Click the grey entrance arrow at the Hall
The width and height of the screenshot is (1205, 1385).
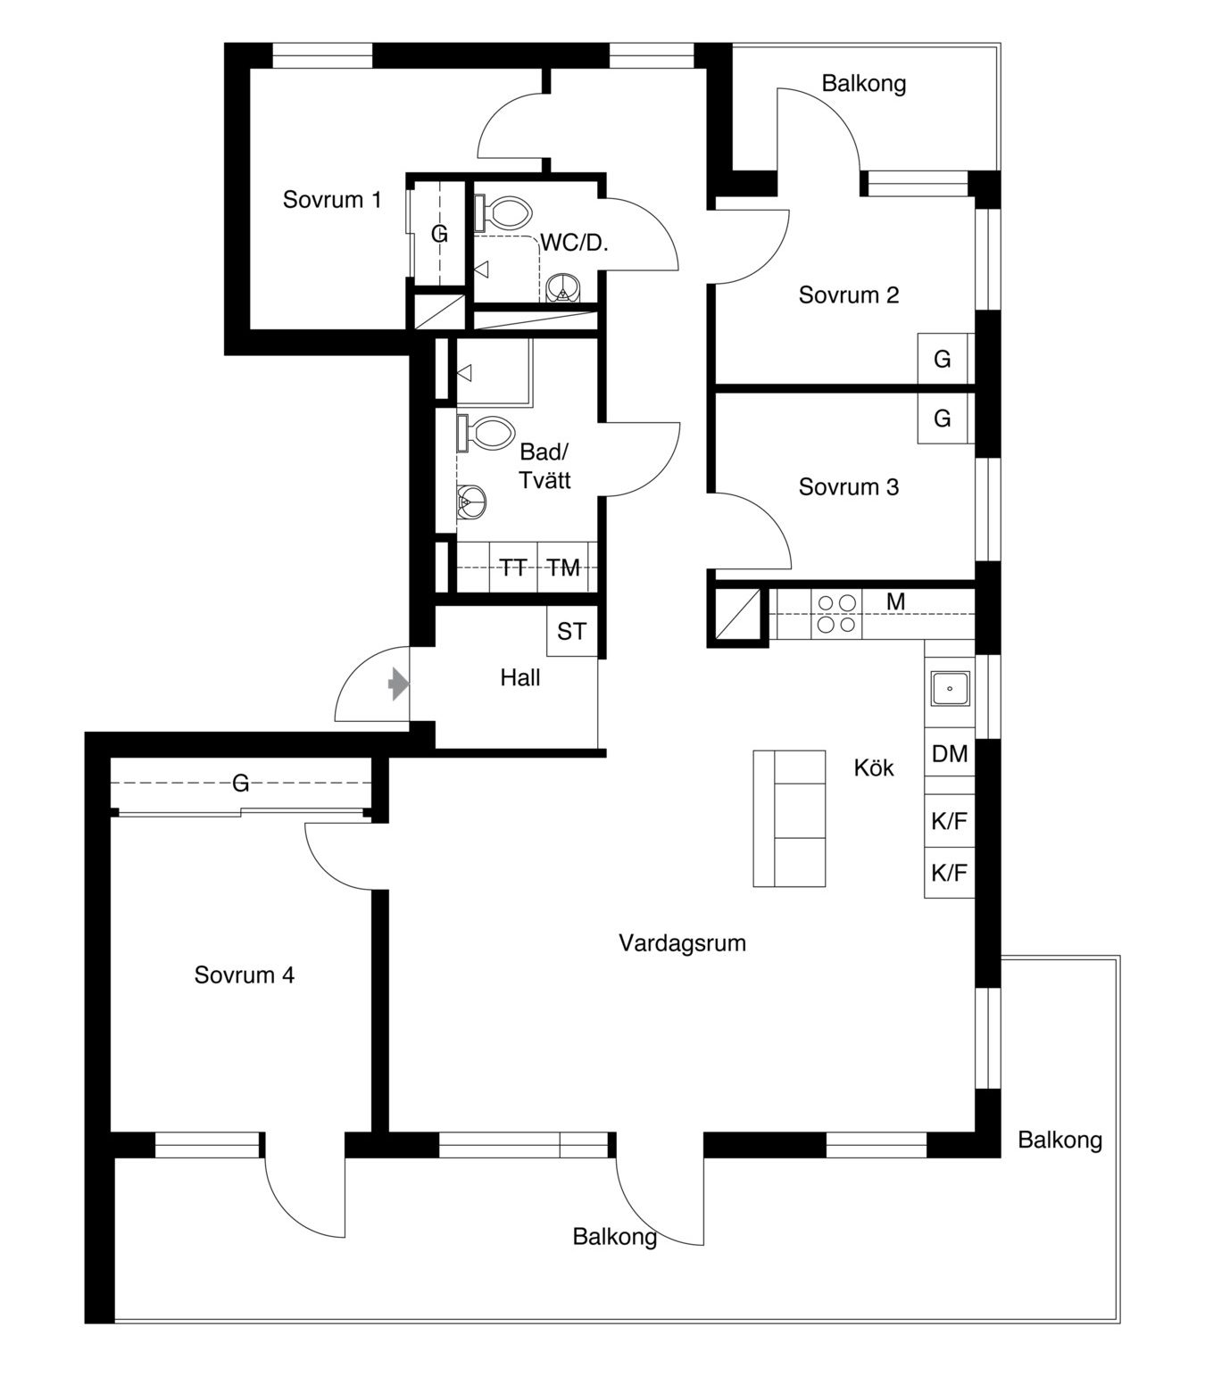[398, 684]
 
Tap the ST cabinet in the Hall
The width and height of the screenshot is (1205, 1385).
[572, 631]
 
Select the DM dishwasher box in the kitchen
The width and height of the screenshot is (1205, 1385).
[949, 753]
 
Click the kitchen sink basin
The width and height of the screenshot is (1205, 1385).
[950, 688]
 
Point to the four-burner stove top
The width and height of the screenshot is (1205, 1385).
[836, 614]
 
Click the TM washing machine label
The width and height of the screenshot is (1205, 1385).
[563, 568]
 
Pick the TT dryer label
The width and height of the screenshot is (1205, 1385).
[513, 568]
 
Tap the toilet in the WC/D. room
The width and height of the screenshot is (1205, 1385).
[503, 212]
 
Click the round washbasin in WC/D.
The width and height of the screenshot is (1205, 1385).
[562, 288]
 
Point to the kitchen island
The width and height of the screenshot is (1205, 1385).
[789, 817]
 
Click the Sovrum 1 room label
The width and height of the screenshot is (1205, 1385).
[332, 199]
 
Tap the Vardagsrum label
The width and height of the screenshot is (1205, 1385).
[682, 942]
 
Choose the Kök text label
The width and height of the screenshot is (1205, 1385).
[873, 767]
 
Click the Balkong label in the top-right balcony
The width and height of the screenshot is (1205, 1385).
[864, 83]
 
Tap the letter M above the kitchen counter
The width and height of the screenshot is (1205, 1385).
[895, 601]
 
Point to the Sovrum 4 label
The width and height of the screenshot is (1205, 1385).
[245, 974]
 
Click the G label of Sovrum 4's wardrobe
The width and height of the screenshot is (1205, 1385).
[240, 784]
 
